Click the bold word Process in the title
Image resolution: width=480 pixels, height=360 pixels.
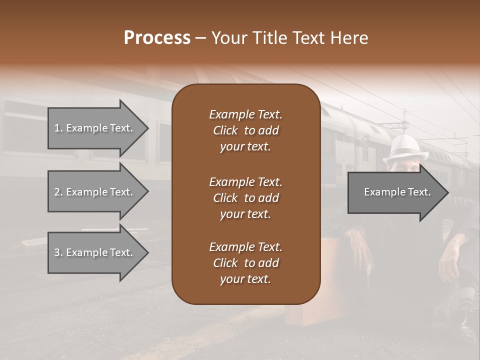pyautogui.click(x=157, y=38)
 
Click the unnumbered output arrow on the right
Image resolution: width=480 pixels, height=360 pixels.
pyautogui.click(x=397, y=192)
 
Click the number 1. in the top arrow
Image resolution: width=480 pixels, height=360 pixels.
pyautogui.click(x=58, y=128)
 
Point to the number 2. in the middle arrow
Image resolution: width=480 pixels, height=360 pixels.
pyautogui.click(x=58, y=192)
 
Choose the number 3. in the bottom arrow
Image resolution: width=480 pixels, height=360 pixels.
pyautogui.click(x=58, y=252)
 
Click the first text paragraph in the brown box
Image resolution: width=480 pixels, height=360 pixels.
pyautogui.click(x=245, y=130)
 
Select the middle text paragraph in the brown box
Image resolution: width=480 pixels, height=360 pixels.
pyautogui.click(x=245, y=197)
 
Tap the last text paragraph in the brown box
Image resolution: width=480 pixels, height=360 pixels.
pyautogui.click(x=245, y=263)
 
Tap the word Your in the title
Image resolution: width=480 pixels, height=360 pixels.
pyautogui.click(x=229, y=38)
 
